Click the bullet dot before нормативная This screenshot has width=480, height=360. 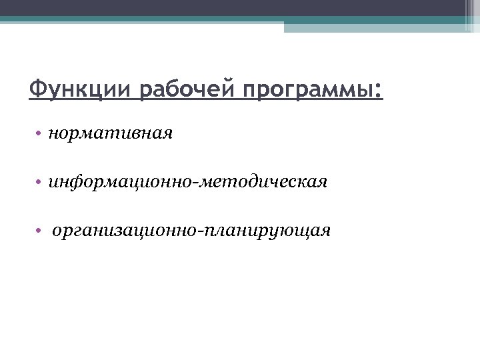click(40, 134)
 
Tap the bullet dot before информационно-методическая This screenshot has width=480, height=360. click(40, 182)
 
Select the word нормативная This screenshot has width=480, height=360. click(111, 133)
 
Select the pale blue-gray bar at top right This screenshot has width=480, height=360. click(373, 27)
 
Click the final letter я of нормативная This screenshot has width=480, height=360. click(168, 134)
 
